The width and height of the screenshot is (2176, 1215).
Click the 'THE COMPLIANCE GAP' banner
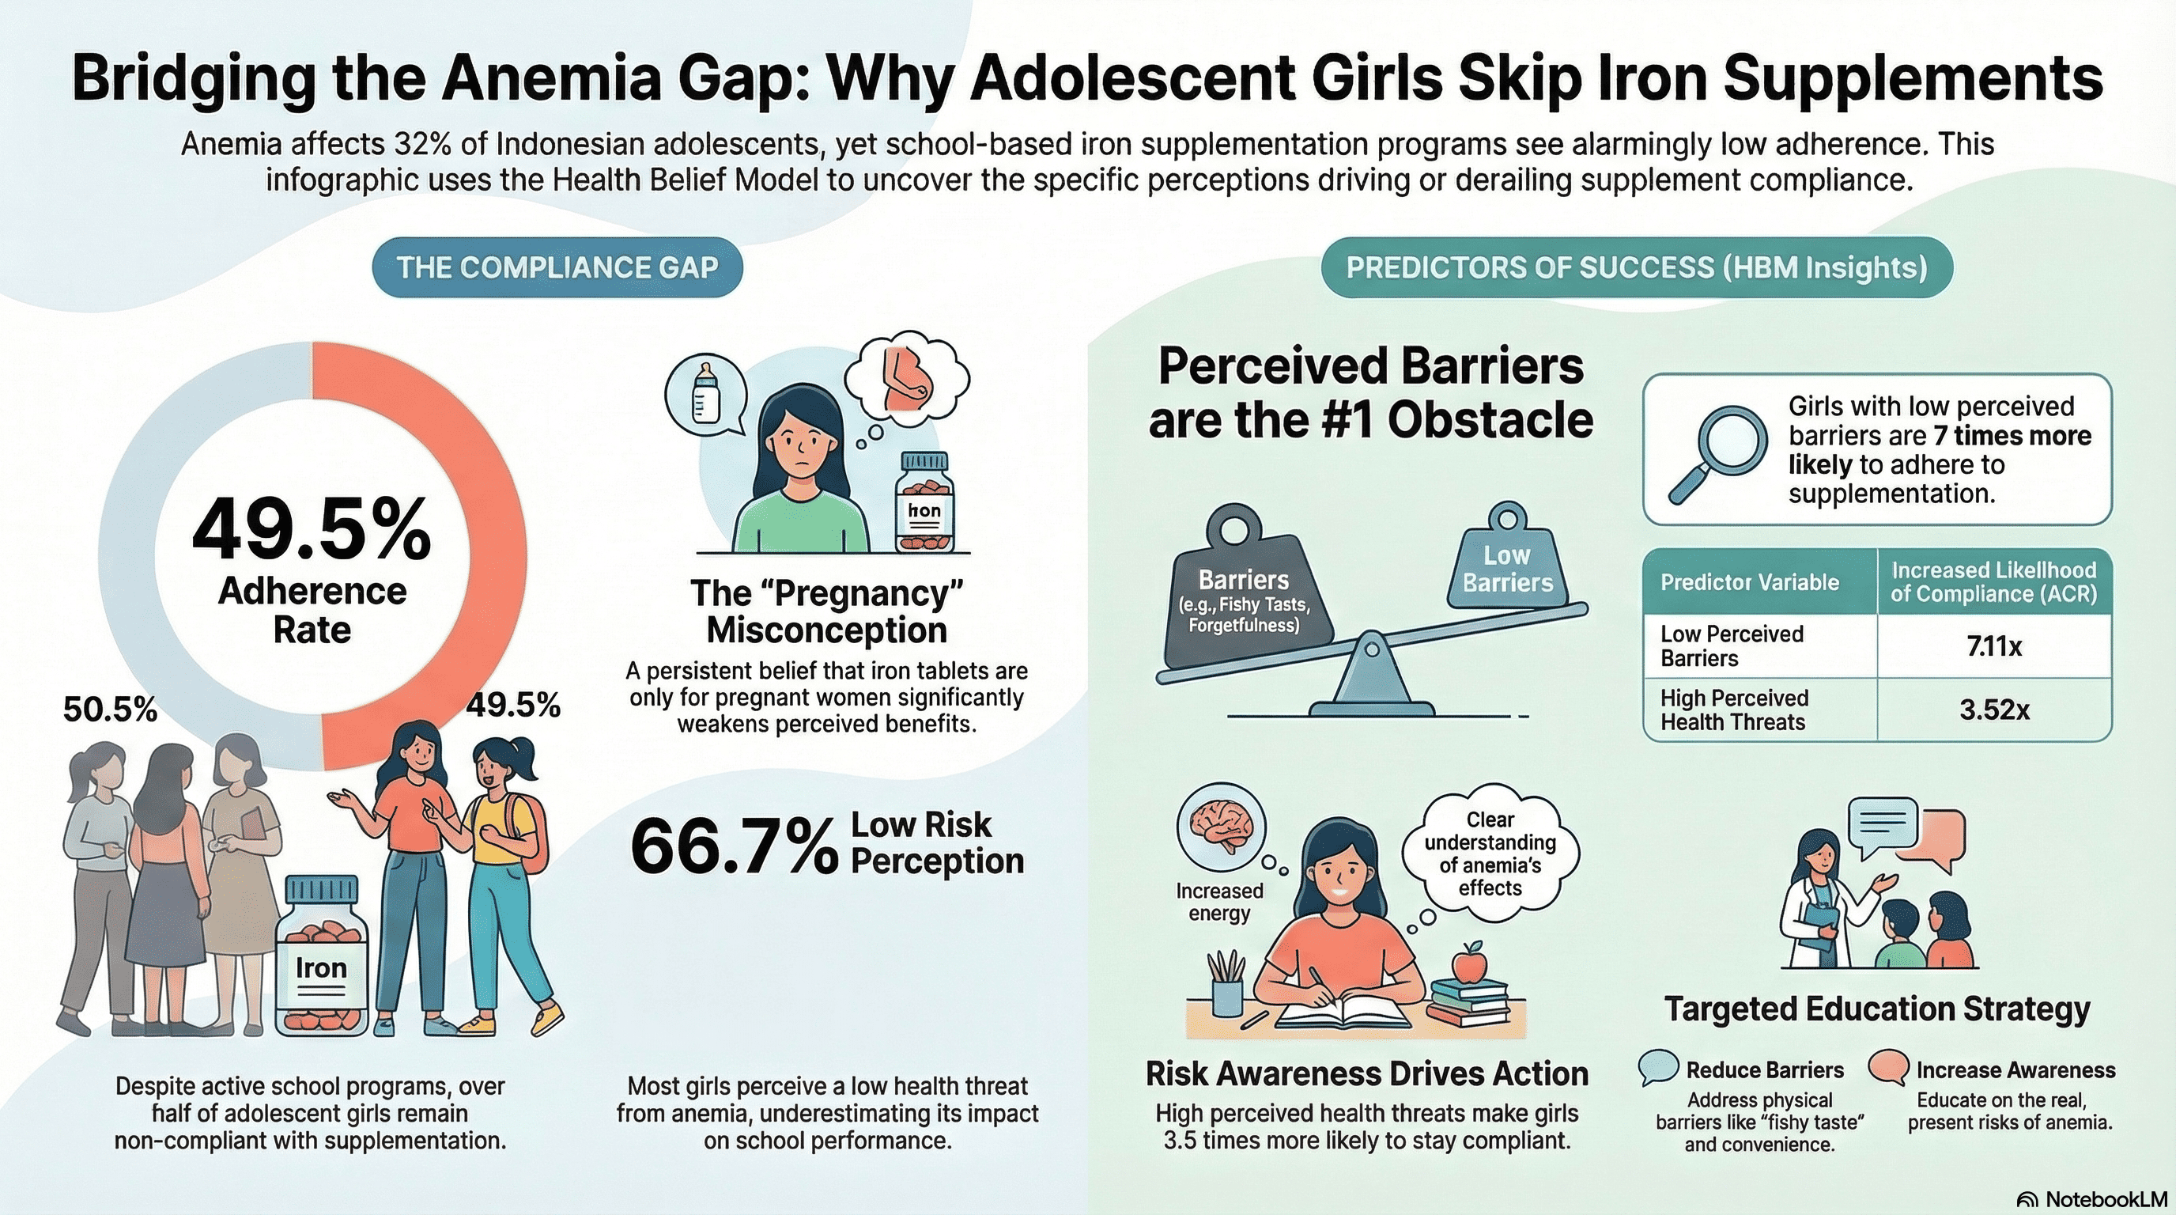coord(557,267)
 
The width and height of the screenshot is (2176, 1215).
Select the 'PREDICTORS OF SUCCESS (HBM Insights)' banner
coord(1636,267)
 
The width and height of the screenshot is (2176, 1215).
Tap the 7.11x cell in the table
coord(1993,646)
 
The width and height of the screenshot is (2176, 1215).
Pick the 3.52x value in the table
coord(1993,710)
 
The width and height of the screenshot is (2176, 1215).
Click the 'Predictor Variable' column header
coord(1748,582)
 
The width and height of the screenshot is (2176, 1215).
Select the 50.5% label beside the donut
coord(110,710)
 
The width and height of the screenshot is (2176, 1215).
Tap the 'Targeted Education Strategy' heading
coord(1877,1009)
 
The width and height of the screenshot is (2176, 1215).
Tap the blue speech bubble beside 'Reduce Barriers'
coord(1657,1068)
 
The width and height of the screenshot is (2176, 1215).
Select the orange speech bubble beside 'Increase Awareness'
coord(1887,1068)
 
